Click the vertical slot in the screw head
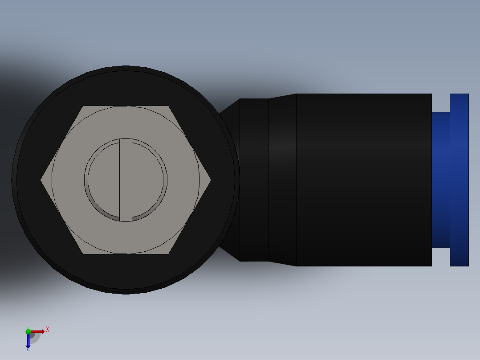click(126, 180)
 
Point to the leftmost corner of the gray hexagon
click(41, 180)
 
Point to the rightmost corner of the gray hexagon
click(210, 180)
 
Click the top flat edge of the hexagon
click(126, 106)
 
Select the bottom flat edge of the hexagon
click(126, 254)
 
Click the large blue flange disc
click(459, 180)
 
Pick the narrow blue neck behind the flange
click(440, 180)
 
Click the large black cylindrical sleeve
click(364, 180)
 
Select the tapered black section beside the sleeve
click(282, 180)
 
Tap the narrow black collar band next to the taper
click(254, 180)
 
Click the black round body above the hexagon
click(126, 87)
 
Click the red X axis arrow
click(38, 331)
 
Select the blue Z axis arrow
click(28, 341)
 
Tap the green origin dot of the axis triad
click(28, 331)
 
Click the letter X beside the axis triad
click(48, 330)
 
